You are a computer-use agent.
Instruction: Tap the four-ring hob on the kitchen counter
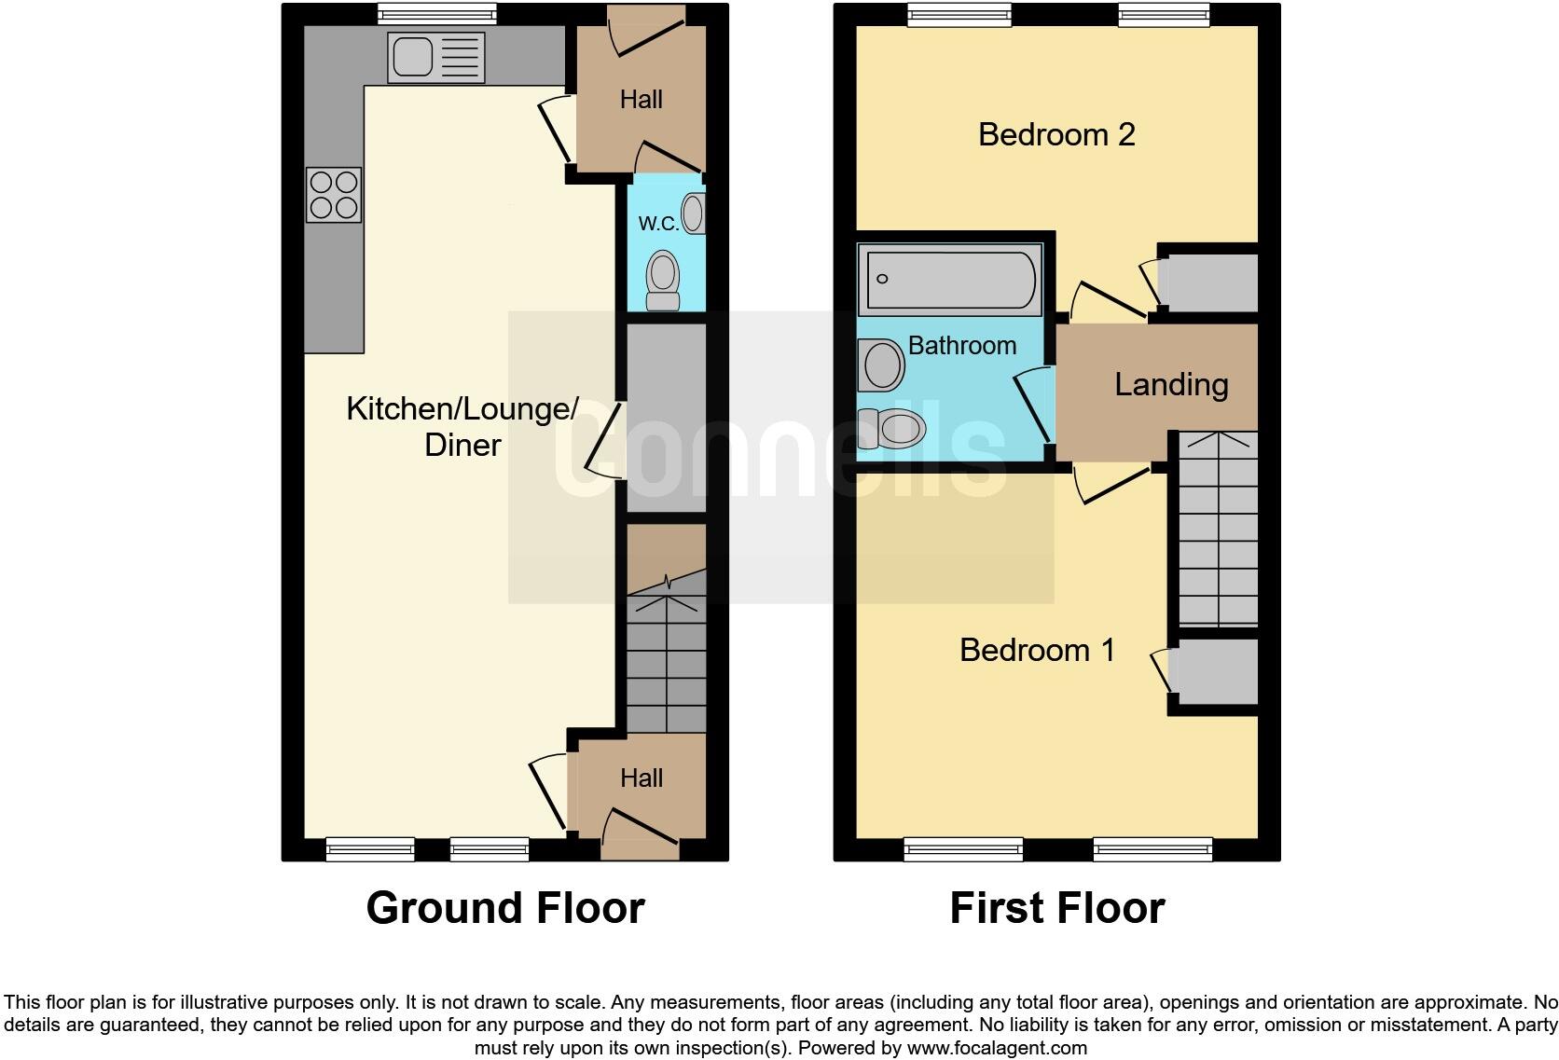coord(334,194)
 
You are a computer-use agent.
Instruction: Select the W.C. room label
coord(657,223)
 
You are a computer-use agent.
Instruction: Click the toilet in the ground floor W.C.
coord(663,278)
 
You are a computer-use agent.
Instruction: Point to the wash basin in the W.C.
coord(694,213)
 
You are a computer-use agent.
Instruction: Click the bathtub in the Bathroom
coord(949,279)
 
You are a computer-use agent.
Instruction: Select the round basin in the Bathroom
coord(882,364)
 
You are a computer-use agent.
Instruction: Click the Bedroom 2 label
coord(1055,134)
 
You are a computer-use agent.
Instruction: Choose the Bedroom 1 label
coord(1037,650)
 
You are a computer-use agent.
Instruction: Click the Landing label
coord(1171,384)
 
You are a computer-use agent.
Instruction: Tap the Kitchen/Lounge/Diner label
coord(462,426)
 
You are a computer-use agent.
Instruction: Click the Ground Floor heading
coord(504,908)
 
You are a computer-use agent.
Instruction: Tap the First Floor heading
coord(1056,908)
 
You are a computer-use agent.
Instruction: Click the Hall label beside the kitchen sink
coord(642,100)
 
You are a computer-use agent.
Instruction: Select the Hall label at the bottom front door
coord(642,778)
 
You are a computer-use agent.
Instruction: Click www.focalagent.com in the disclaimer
coord(996,1048)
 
